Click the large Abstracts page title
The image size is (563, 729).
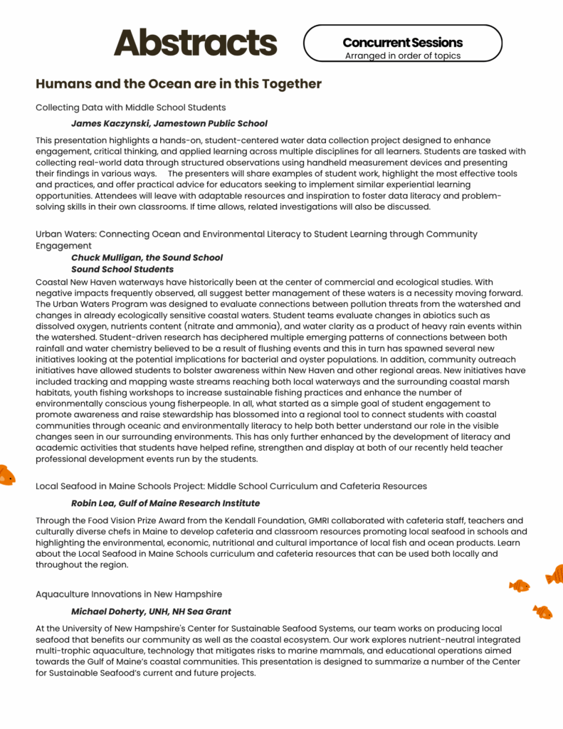pyautogui.click(x=195, y=43)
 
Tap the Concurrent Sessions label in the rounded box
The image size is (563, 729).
pyautogui.click(x=402, y=43)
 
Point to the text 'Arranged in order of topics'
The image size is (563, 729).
pyautogui.click(x=402, y=56)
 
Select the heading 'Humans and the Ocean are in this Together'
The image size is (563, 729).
pyautogui.click(x=179, y=84)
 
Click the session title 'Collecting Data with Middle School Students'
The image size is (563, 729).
pyautogui.click(x=131, y=107)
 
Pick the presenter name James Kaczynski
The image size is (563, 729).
pyautogui.click(x=110, y=123)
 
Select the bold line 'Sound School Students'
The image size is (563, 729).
pyautogui.click(x=122, y=269)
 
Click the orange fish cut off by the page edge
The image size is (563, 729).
pyautogui.click(x=6, y=475)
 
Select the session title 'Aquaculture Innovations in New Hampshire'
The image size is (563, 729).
pyautogui.click(x=129, y=594)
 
